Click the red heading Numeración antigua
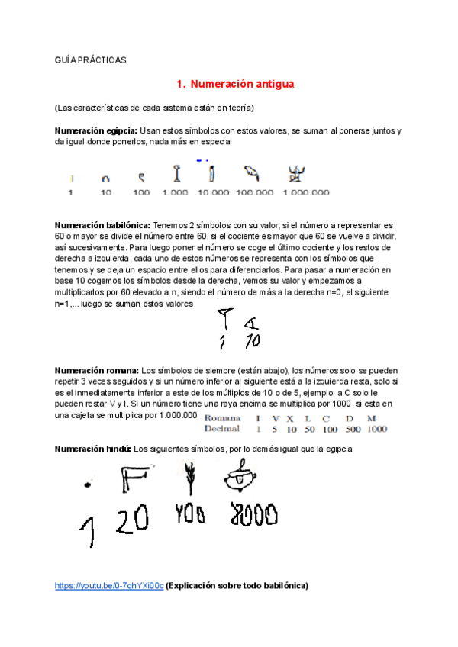(x=235, y=83)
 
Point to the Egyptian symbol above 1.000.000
(x=294, y=175)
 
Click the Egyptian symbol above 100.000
(x=252, y=174)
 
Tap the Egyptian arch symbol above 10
(x=106, y=179)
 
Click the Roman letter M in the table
(x=371, y=418)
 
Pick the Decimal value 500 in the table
(x=350, y=429)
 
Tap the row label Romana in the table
(x=223, y=418)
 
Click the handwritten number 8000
(x=253, y=517)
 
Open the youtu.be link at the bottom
(x=109, y=586)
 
